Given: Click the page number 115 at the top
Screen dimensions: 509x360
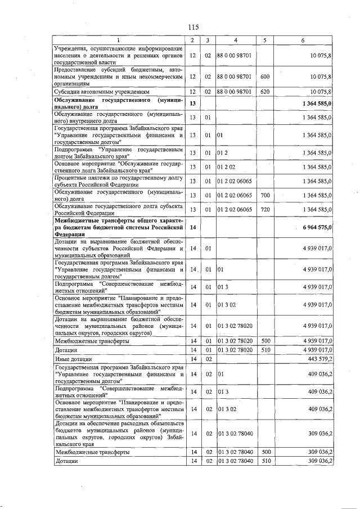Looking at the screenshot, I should (x=193, y=27).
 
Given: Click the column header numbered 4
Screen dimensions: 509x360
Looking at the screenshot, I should (x=235, y=40).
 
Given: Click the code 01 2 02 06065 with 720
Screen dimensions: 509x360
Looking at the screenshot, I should (x=235, y=209).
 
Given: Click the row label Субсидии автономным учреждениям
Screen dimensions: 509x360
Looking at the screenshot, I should (x=101, y=91).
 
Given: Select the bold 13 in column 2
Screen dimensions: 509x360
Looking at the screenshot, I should (x=192, y=103).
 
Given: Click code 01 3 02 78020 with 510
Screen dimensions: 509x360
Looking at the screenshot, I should (x=235, y=350).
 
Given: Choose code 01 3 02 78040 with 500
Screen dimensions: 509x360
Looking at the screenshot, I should (x=235, y=452).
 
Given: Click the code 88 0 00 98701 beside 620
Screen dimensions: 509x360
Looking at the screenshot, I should (x=235, y=91).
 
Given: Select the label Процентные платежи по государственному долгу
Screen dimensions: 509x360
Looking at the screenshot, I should (x=118, y=181).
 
